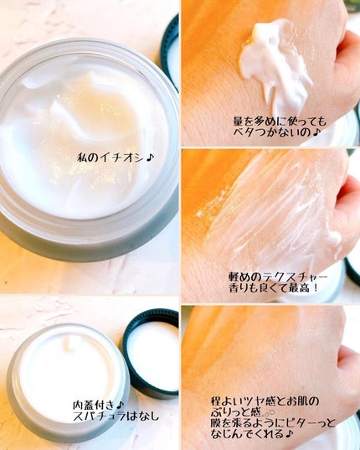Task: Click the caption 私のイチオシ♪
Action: click(116, 158)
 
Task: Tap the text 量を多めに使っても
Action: click(280, 122)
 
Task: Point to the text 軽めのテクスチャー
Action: click(278, 277)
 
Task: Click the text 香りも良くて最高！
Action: click(274, 288)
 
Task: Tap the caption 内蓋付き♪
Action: click(98, 406)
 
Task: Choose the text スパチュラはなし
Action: click(116, 416)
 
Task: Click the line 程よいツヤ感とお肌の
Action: click(265, 401)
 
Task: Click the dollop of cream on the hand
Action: click(275, 66)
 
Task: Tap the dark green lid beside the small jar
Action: click(152, 353)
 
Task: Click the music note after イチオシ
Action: click(150, 158)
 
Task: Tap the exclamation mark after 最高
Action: click(316, 288)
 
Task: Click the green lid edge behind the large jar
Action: click(170, 52)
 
